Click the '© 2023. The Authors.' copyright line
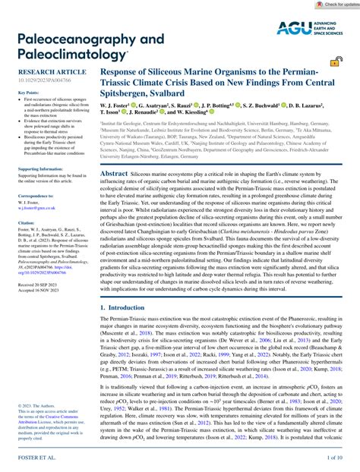[x=27, y=404]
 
